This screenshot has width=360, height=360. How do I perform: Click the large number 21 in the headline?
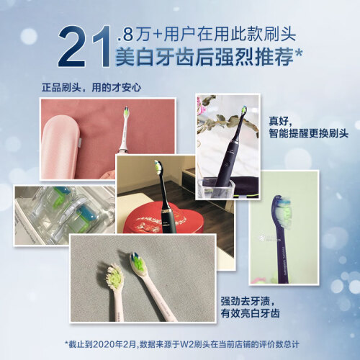click(x=84, y=46)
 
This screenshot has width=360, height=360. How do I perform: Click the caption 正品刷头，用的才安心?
click(x=91, y=88)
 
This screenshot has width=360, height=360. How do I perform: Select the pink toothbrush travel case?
click(x=62, y=146)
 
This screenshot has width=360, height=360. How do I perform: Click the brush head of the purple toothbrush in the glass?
click(x=244, y=111)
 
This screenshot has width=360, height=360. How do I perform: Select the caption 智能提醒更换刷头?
click(x=308, y=133)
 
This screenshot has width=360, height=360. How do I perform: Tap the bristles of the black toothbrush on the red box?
click(x=158, y=167)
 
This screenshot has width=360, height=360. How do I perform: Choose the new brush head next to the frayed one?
click(x=138, y=265)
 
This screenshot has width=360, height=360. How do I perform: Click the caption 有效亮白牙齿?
click(x=251, y=313)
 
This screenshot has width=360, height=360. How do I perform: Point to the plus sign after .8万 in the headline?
click(x=158, y=35)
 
